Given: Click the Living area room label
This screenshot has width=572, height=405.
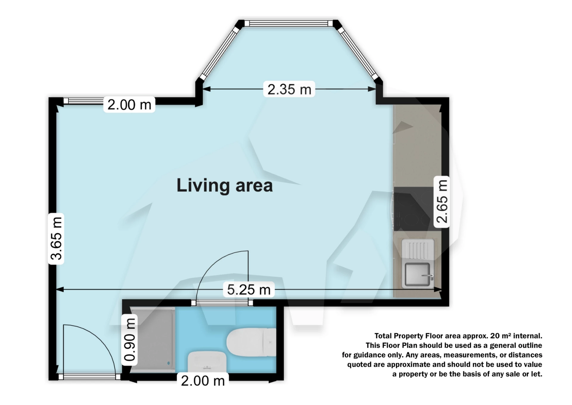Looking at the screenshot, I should pyautogui.click(x=225, y=185).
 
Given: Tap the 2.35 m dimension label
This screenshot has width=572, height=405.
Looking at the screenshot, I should pyautogui.click(x=289, y=89).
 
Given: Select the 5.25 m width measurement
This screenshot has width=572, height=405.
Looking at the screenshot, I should pyautogui.click(x=248, y=290).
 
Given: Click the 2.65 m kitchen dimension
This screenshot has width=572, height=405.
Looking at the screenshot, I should pyautogui.click(x=442, y=202).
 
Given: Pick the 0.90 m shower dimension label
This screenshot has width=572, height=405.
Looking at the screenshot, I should pyautogui.click(x=130, y=340).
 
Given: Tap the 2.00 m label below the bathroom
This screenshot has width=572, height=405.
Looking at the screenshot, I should pyautogui.click(x=203, y=381).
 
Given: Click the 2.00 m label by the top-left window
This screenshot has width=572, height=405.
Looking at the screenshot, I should pyautogui.click(x=129, y=105).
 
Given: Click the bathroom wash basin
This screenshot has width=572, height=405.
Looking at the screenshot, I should pyautogui.click(x=207, y=361).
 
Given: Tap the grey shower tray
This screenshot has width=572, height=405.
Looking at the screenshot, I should pyautogui.click(x=153, y=340).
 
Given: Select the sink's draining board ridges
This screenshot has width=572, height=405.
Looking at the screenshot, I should pyautogui.click(x=418, y=249).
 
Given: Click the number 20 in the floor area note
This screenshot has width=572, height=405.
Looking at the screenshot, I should pyautogui.click(x=495, y=336).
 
